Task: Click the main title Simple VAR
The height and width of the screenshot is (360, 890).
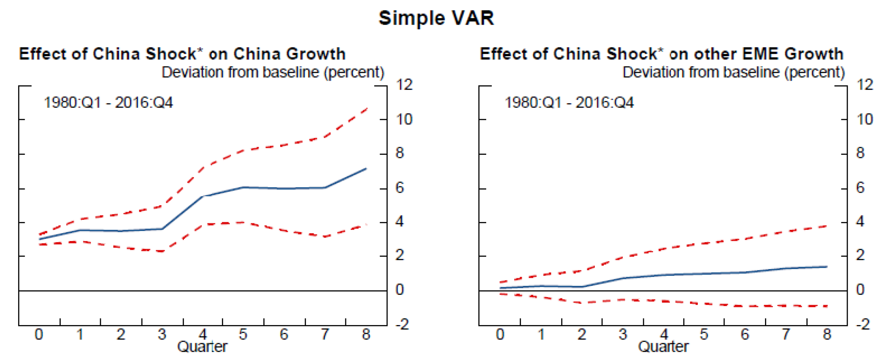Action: point(436,18)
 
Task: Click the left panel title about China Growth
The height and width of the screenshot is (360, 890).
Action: point(182,54)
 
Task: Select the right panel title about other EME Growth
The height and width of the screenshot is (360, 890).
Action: point(662,54)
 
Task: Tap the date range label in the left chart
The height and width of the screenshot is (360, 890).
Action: point(108,103)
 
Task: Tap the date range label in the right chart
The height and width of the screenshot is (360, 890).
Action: point(569,103)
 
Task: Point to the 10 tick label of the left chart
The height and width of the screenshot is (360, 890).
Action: point(404,119)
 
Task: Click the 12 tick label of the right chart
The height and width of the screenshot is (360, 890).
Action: point(865,85)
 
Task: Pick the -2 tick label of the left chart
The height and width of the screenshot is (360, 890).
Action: point(403,324)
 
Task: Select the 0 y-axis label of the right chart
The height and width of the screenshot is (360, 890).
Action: point(860,290)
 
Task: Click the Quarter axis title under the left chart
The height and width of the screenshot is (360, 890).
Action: point(202,347)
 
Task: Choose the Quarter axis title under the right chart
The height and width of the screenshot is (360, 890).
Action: point(663,347)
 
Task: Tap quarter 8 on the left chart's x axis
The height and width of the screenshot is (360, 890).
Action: point(366,335)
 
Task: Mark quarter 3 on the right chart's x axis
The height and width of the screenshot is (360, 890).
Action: point(622,335)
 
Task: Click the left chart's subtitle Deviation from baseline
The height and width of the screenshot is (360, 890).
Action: point(273,72)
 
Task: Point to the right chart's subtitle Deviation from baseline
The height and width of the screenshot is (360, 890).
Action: point(734,72)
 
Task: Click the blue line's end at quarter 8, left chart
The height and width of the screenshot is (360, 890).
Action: point(366,169)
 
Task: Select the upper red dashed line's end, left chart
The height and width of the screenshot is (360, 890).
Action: point(367,109)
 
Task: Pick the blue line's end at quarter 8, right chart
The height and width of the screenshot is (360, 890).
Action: point(827,267)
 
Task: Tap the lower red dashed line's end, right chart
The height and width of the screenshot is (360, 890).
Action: point(827,306)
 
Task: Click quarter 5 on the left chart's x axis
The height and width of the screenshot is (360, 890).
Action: point(243,335)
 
